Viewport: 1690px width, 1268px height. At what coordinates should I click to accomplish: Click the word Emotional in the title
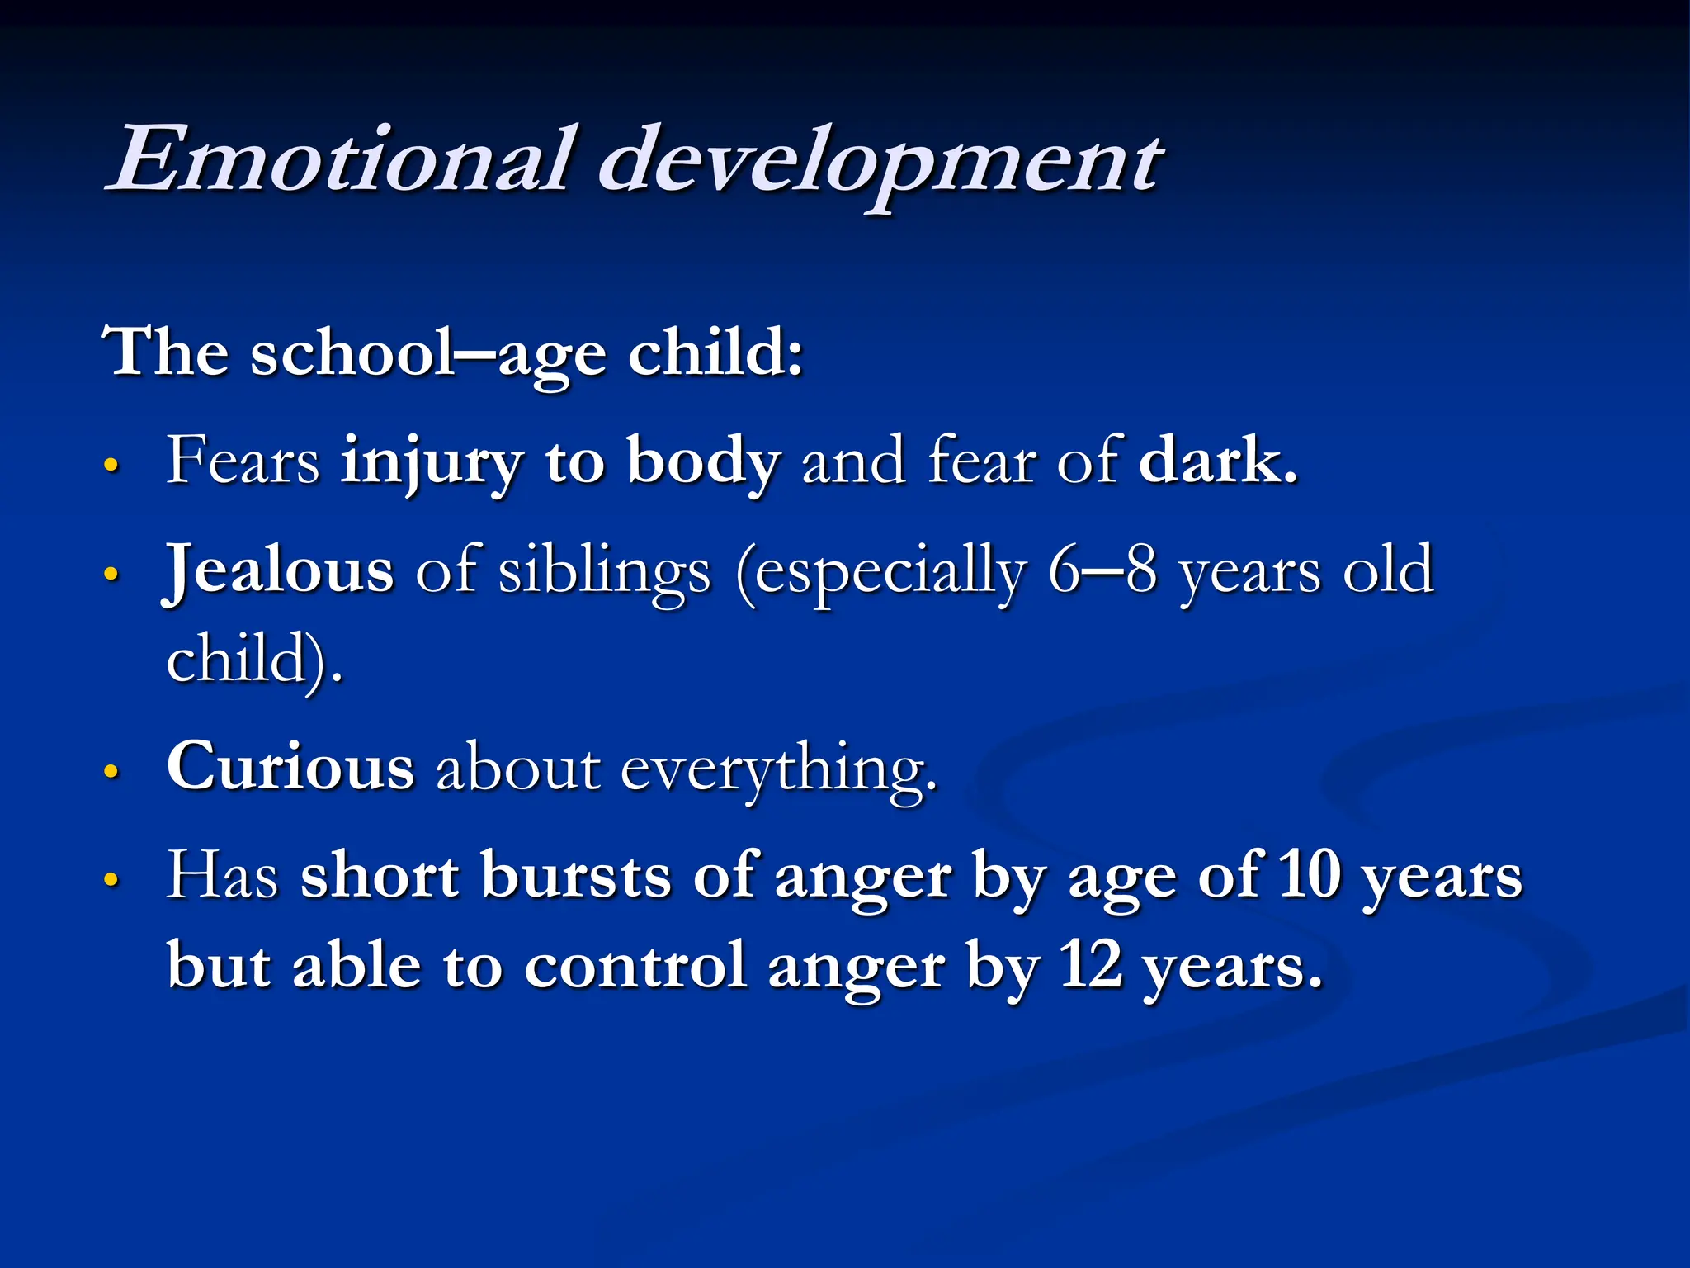pos(338,161)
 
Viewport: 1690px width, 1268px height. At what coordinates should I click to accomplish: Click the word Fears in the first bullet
pos(243,461)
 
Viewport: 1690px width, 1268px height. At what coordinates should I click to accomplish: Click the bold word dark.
pos(1217,460)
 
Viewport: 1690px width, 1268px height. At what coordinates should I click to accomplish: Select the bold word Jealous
pos(279,570)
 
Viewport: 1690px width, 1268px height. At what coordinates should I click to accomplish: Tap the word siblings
pos(604,572)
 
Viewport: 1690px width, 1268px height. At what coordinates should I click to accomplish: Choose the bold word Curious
pos(290,767)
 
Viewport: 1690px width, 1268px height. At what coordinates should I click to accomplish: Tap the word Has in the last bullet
pos(222,875)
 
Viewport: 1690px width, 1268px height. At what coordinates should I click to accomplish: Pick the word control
pos(635,965)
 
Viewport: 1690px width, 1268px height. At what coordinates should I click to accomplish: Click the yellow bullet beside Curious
pos(112,772)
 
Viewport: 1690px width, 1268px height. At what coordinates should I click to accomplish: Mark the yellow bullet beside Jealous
pos(112,575)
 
